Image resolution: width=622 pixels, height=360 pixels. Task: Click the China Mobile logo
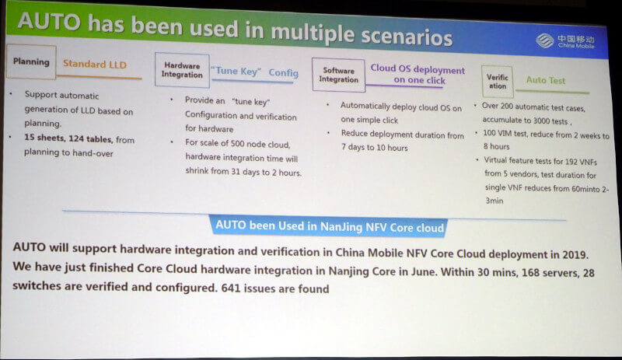point(565,41)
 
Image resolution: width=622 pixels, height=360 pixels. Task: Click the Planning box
point(31,62)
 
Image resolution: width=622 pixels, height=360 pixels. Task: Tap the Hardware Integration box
point(182,70)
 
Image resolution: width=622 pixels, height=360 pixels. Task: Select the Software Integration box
point(338,75)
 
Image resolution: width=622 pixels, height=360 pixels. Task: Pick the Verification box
point(498,82)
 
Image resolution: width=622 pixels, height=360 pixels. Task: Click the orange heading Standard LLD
point(95,65)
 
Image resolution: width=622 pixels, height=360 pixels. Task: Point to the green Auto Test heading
point(546,80)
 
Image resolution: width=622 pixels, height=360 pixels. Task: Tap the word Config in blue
point(283,72)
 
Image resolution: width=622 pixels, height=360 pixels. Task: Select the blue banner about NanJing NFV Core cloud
point(329,226)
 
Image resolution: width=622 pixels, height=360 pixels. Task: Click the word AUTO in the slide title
point(49,22)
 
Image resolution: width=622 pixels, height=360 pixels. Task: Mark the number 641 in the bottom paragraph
point(231,288)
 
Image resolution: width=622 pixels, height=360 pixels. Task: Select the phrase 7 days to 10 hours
point(375,147)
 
